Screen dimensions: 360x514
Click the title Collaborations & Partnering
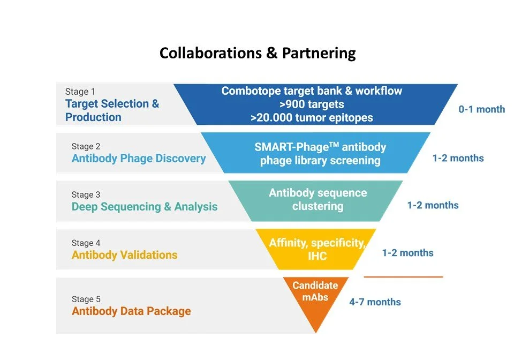pos(258,53)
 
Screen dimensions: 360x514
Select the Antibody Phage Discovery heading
pos(139,159)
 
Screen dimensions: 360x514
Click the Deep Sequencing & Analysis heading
pos(145,207)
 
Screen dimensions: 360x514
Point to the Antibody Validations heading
pos(124,255)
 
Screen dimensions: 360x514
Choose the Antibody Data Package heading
pos(131,311)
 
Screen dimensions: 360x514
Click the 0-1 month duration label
pos(481,109)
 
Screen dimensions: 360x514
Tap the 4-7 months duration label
pos(375,302)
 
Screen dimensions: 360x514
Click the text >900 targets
pos(311,104)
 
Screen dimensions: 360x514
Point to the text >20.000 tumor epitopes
pos(311,118)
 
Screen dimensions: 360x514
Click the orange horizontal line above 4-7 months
pos(403,277)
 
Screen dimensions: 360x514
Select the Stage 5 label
pos(86,299)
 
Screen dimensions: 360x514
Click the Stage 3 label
pos(86,194)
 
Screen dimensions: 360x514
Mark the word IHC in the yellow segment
pos(317,256)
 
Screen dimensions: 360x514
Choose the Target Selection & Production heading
pos(112,110)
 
